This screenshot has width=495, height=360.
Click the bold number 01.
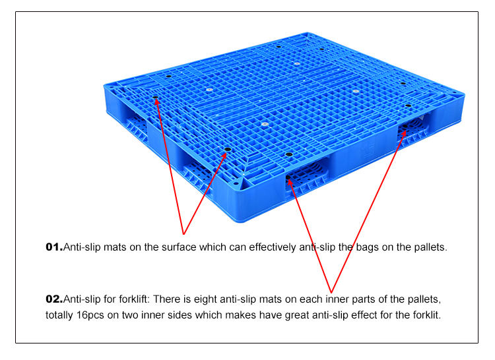pyautogui.click(x=53, y=248)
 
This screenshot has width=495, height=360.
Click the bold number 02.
pyautogui.click(x=53, y=299)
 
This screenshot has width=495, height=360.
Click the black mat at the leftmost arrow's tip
pyautogui.click(x=156, y=100)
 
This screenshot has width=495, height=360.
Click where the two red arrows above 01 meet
pyautogui.click(x=183, y=234)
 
